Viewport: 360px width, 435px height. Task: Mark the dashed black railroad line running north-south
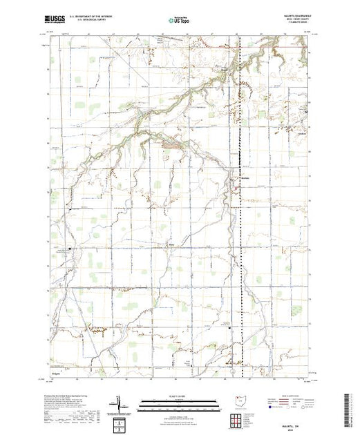pyautogui.click(x=239, y=207)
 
